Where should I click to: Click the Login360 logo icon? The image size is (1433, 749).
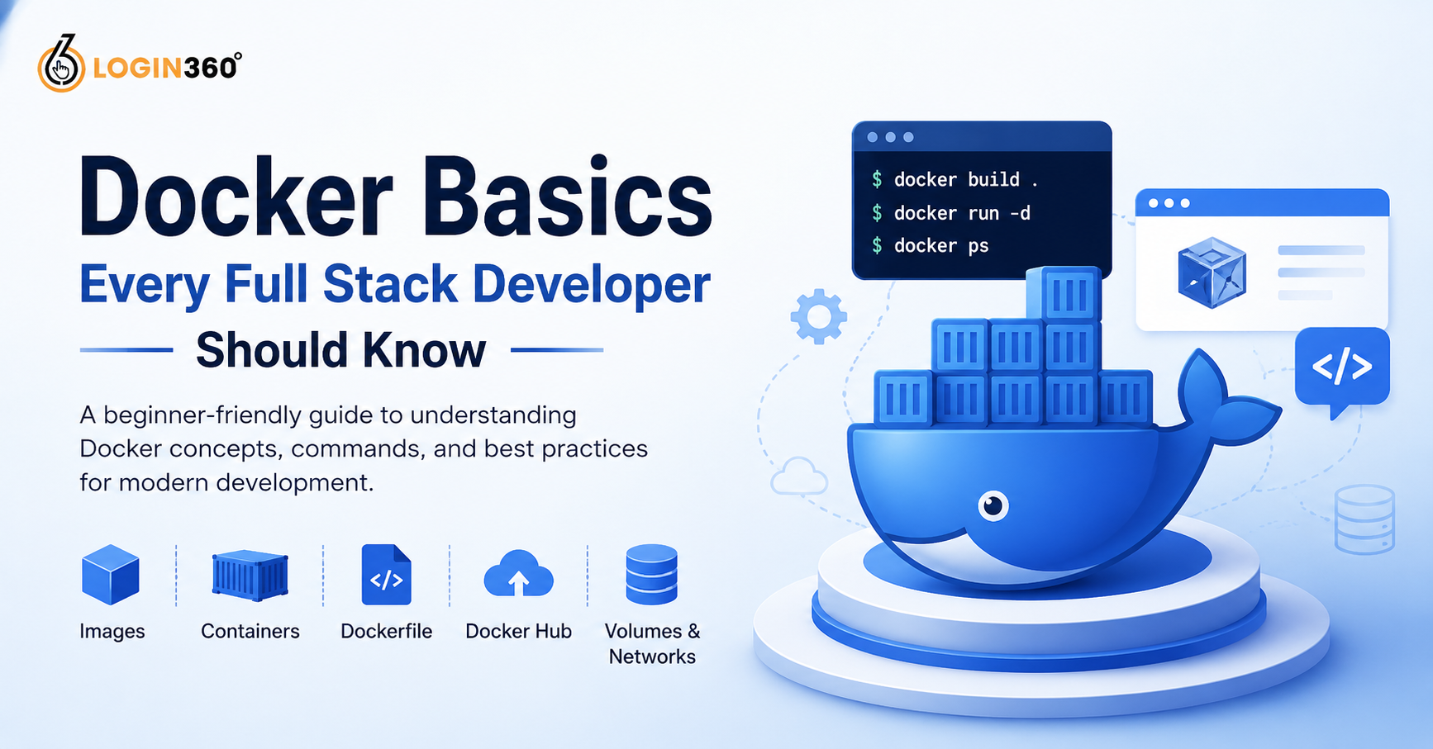click(x=61, y=64)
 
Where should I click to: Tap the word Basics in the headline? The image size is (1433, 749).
click(x=572, y=197)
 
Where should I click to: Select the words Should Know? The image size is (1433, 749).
click(x=340, y=350)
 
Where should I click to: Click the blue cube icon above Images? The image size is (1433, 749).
click(x=111, y=574)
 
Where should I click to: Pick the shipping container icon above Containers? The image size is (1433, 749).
click(x=250, y=575)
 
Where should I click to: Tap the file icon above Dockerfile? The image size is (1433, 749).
click(x=387, y=575)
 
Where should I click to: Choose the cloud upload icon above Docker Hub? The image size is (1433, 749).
click(x=518, y=573)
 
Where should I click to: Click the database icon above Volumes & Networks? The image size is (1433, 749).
click(x=651, y=574)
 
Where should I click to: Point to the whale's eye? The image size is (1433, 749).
click(x=993, y=505)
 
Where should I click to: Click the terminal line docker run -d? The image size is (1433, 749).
click(x=951, y=213)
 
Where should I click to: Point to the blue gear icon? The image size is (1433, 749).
click(x=818, y=316)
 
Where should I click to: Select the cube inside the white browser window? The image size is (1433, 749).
click(x=1212, y=273)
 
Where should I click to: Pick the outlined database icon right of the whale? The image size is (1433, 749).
click(x=1364, y=519)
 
